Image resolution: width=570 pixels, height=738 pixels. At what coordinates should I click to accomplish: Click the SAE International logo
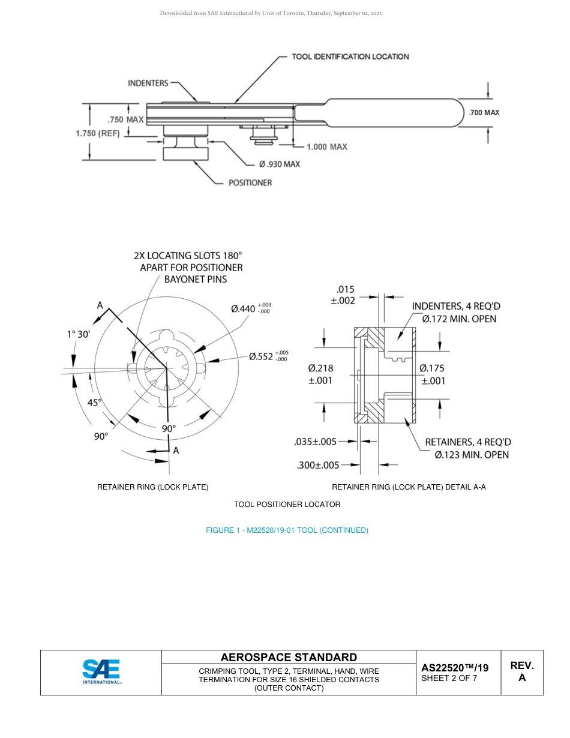click(x=101, y=672)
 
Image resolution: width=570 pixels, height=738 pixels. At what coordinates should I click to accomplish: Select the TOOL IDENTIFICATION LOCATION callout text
click(x=350, y=56)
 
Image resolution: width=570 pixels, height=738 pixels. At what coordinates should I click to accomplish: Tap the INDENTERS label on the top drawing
click(x=148, y=83)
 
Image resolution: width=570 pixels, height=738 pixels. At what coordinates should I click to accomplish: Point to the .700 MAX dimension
click(x=484, y=112)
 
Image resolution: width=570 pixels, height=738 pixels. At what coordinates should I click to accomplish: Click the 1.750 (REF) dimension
click(x=98, y=133)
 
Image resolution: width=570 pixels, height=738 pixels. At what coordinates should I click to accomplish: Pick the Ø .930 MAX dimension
click(x=280, y=164)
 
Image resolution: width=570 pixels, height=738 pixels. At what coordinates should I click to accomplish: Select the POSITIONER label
click(x=250, y=182)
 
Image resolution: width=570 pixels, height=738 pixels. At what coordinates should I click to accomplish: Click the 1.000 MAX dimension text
click(x=326, y=146)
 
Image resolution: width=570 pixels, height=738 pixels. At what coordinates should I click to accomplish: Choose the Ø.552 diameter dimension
click(x=268, y=356)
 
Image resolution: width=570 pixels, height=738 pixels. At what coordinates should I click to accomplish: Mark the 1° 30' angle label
click(x=79, y=334)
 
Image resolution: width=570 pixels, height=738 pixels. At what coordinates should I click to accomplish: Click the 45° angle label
click(x=95, y=403)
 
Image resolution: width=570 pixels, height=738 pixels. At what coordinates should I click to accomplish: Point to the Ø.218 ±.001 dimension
click(x=320, y=374)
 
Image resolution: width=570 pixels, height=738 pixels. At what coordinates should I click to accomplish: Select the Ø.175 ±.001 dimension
click(x=432, y=374)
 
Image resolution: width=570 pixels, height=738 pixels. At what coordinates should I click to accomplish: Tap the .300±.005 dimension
click(x=318, y=464)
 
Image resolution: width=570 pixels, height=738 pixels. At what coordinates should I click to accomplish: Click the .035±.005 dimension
click(x=315, y=442)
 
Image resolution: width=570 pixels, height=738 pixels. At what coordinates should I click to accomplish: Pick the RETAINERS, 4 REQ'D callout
click(x=468, y=448)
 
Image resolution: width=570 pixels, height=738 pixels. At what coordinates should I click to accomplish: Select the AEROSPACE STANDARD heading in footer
click(x=289, y=657)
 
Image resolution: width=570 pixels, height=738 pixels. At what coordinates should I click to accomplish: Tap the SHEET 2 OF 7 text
click(x=449, y=679)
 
